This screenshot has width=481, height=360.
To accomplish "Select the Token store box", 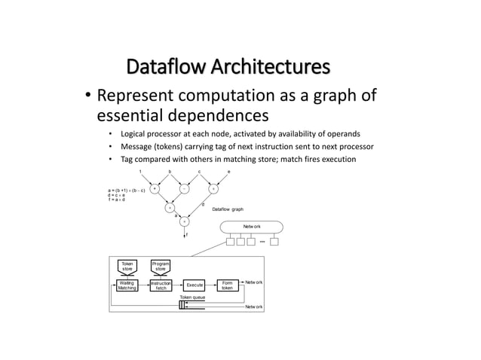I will click(x=128, y=266).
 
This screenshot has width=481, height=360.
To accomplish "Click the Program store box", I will click(x=161, y=266).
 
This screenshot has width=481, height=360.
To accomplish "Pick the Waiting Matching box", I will click(x=127, y=285).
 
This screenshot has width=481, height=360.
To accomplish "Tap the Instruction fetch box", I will click(x=161, y=285).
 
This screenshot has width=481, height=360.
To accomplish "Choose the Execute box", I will click(x=195, y=285).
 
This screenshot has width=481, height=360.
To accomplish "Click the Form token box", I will click(x=227, y=285).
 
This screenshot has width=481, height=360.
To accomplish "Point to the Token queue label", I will click(x=192, y=298).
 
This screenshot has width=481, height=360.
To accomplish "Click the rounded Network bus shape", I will click(x=251, y=226).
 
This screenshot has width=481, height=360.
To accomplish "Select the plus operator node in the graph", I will click(x=155, y=189).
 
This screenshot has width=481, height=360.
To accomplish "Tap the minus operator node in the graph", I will click(x=185, y=189).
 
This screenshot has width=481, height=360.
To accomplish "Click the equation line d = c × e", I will click(x=119, y=194).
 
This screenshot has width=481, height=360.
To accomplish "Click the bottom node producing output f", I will click(x=185, y=221).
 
